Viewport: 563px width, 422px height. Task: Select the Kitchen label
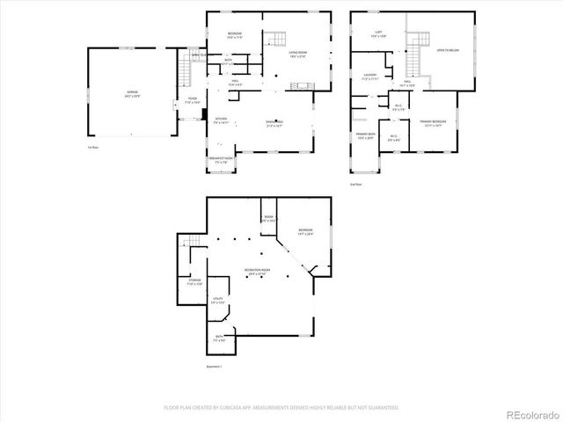click(221, 120)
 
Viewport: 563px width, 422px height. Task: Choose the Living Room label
click(297, 54)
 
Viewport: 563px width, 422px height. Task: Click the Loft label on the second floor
click(377, 33)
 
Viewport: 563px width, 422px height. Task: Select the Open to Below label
click(448, 50)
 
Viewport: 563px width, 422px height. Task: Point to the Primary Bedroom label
click(433, 122)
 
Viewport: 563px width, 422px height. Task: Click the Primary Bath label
click(365, 135)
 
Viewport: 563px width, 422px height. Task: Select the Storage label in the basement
click(194, 282)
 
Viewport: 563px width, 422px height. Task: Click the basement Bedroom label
click(303, 231)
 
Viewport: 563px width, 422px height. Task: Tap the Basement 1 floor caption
click(215, 367)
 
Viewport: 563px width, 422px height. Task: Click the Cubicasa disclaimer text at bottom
click(281, 408)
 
